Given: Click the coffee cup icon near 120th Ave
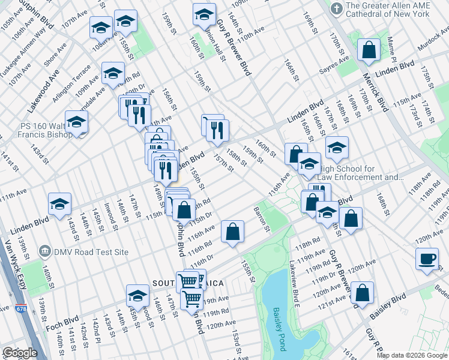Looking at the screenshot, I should coord(427,259).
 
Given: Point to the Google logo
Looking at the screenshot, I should coord(20,353).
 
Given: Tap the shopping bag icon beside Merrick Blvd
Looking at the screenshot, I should coord(369,51).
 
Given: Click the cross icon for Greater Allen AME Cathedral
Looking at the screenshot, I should coord(337,9).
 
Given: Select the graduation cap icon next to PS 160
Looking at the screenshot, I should coord(76,122).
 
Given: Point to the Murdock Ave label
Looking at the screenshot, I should coord(429,44).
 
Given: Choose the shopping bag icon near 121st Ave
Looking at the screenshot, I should coord(362,293).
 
